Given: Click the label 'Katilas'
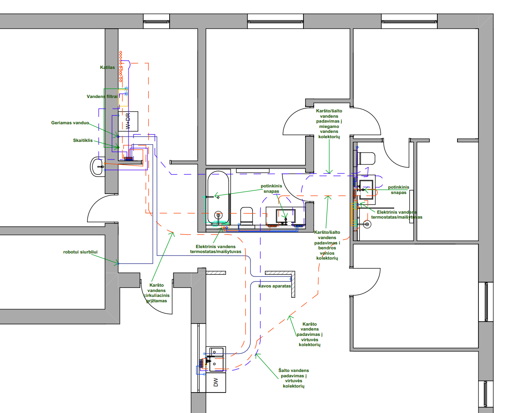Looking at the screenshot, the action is coord(107,67).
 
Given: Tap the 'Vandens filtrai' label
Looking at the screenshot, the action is coord(102,96).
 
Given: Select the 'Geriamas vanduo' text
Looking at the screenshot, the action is coord(70,123).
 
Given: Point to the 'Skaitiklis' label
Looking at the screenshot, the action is coord(83,140).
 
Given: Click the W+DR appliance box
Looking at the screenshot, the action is coord(128,121).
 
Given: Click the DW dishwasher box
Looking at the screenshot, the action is coord(216,382).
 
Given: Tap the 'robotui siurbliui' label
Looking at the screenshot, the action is coord(80,252).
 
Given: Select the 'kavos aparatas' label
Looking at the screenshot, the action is coord(274,286).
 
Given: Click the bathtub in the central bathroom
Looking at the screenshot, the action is coord(218,197).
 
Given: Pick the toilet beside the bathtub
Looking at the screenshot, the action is coord(246,216).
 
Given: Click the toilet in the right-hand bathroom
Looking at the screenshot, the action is coord(367,159).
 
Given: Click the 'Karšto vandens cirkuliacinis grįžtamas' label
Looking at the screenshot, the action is coord(156,293).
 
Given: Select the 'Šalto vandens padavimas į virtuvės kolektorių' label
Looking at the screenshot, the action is coord(294,378).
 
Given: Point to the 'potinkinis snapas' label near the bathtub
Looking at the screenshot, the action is coord(271,188).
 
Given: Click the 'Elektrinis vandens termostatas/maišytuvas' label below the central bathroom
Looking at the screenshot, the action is coord(216,249).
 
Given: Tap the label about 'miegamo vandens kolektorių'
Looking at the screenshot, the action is coord(329,123).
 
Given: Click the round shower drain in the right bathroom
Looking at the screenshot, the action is coord(367,224).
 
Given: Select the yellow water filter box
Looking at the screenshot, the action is coord(123,98).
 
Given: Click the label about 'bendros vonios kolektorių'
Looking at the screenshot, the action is coord(327,245).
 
